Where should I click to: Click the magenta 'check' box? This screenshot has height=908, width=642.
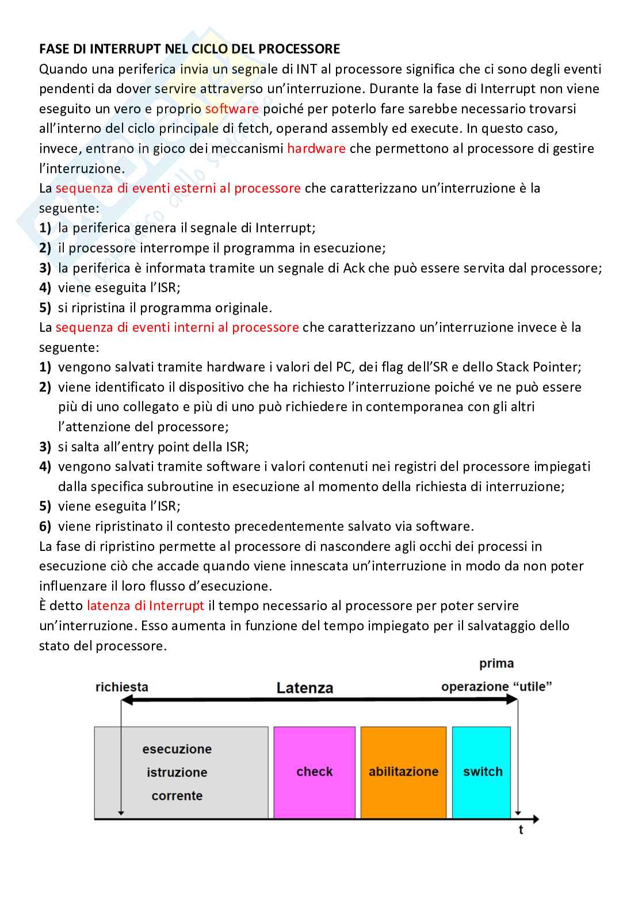[x=314, y=772]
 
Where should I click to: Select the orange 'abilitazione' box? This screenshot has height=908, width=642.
[x=403, y=772]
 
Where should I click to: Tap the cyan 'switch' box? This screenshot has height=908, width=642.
[x=482, y=772]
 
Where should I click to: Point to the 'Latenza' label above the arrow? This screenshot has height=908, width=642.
[x=304, y=688]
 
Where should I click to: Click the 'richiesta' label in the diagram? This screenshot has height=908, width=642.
[x=121, y=687]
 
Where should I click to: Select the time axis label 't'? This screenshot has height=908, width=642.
[x=521, y=830]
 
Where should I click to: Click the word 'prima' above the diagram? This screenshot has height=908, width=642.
[x=496, y=664]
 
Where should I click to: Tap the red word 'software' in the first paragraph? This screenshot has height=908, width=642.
[x=232, y=109]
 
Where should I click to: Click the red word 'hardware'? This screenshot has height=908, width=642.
[x=316, y=148]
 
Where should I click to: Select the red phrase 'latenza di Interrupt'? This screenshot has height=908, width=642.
[x=145, y=606]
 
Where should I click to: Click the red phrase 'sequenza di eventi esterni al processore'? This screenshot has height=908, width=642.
[x=178, y=188]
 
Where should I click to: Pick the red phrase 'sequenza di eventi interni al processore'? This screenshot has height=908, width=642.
[x=177, y=327]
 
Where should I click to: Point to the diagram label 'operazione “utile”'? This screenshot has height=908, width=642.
[x=496, y=687]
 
